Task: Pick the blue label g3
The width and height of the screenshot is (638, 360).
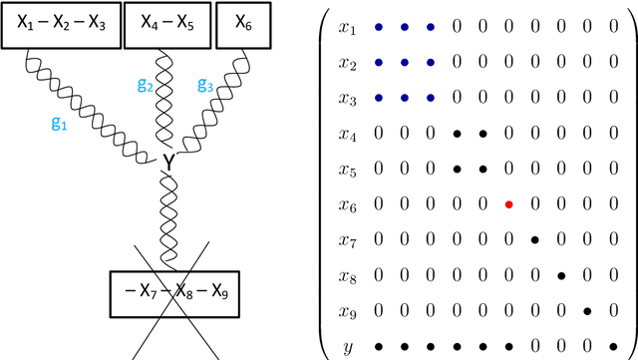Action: point(204,86)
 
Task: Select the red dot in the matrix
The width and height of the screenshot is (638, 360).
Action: point(508,204)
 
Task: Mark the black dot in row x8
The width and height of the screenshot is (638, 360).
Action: point(560,275)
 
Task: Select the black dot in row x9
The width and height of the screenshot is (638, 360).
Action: point(586,311)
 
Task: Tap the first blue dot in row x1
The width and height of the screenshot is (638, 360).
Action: point(379,28)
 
